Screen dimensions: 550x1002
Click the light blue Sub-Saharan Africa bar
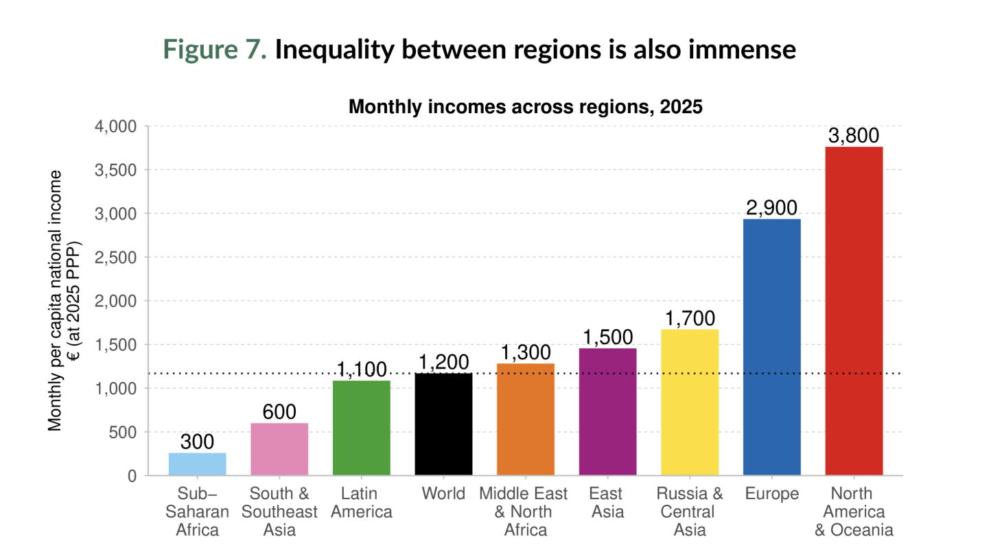(197, 464)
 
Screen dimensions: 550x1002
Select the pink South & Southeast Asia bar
(279, 449)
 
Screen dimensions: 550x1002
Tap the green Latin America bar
(362, 428)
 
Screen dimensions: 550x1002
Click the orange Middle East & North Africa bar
(526, 419)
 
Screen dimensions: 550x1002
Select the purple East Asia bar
(607, 411)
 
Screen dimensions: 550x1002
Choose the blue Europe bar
(771, 347)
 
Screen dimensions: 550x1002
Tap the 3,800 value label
(854, 136)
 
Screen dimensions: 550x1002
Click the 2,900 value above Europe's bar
(771, 208)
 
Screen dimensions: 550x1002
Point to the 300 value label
(197, 442)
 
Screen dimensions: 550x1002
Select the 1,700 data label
(690, 318)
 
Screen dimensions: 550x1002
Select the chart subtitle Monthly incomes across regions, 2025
(526, 107)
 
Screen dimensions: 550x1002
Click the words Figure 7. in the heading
(215, 50)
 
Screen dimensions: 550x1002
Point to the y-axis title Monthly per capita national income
(56, 301)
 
